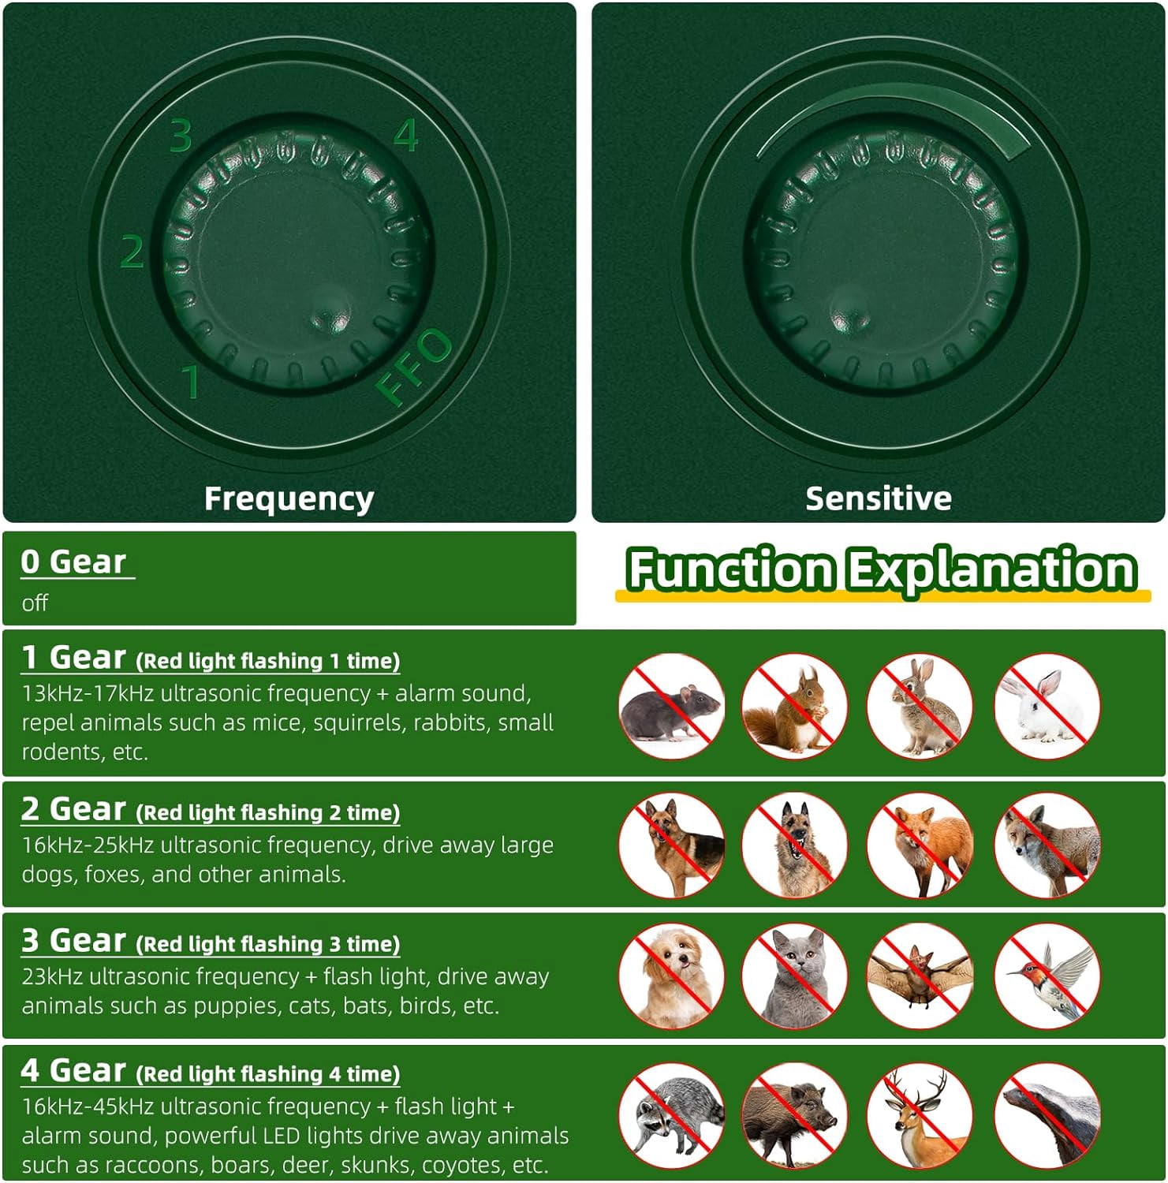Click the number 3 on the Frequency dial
coord(181,135)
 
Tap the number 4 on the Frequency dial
coord(405,135)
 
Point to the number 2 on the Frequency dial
coord(132,252)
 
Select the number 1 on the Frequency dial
coord(191,381)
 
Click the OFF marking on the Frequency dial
coord(414,366)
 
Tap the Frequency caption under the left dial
coord(289,499)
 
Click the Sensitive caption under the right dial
coord(878,498)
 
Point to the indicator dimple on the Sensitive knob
coord(850,311)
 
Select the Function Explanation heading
coord(881,569)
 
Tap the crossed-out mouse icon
coord(672,706)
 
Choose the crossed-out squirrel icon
coord(794,706)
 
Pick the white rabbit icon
coord(1047,706)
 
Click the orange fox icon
coord(920,845)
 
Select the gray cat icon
coord(794,976)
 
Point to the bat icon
coord(920,976)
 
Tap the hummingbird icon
coord(1047,976)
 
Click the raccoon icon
coord(672,1115)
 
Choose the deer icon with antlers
coord(920,1115)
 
